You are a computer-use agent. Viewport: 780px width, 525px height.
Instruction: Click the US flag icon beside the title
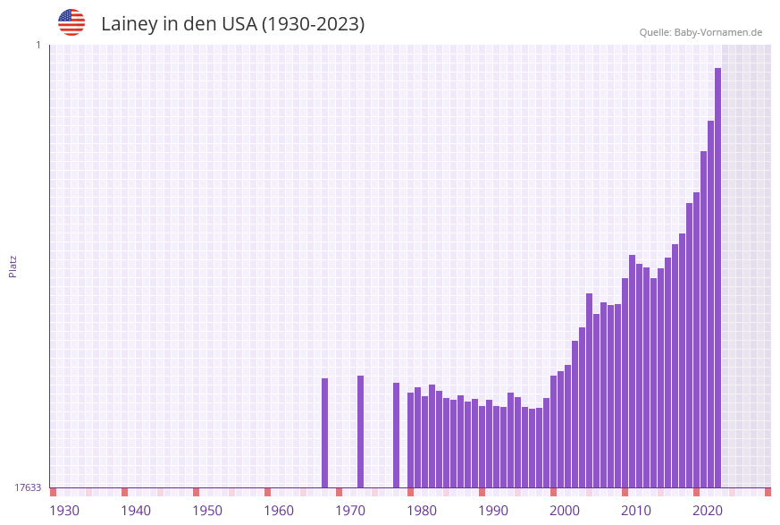tap(71, 22)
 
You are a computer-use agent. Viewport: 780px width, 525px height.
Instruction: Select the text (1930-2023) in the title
tap(313, 24)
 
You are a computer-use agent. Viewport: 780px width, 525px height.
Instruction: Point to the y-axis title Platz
tap(13, 266)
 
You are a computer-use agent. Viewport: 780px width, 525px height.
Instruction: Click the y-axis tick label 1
tap(38, 45)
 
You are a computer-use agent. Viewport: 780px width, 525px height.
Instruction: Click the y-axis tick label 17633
tap(28, 487)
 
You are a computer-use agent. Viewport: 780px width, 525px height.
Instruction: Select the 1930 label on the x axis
tap(64, 510)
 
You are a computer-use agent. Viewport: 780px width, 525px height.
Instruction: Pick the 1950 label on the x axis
tap(207, 510)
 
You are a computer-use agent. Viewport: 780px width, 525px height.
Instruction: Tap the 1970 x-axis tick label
tap(350, 510)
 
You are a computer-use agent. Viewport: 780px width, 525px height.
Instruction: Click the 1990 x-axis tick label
tap(493, 510)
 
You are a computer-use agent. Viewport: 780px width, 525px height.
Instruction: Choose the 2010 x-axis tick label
tap(636, 510)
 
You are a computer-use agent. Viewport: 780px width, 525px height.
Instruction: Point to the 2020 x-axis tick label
tap(708, 510)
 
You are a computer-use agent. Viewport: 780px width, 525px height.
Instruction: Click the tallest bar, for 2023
tap(717, 277)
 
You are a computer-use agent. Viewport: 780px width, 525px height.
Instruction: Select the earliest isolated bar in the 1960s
tap(324, 433)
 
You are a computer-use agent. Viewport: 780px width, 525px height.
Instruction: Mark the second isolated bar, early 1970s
tap(360, 431)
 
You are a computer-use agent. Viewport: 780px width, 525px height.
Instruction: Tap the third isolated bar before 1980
tap(396, 435)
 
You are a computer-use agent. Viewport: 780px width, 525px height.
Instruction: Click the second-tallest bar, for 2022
tap(710, 304)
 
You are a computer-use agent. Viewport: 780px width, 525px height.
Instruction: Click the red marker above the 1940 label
tap(124, 492)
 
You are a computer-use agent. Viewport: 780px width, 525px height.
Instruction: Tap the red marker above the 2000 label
tap(553, 492)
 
